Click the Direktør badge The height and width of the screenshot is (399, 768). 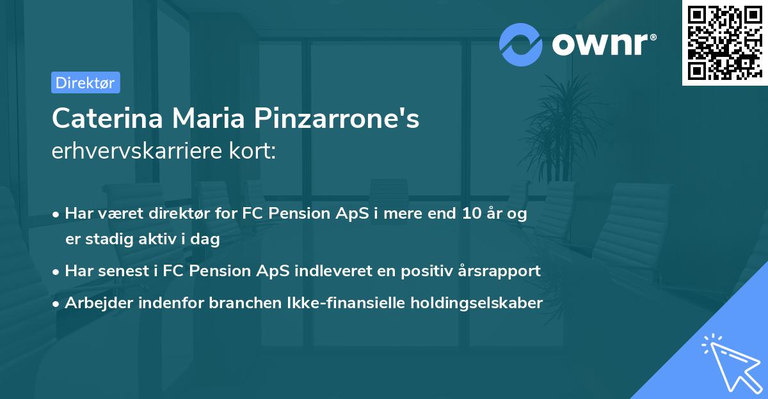pos(85,82)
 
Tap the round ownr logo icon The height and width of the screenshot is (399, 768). pos(521,44)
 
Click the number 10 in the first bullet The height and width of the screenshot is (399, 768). pos(470,214)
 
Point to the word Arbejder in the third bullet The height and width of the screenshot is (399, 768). pos(92,302)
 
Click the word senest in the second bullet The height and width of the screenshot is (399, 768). pos(122,270)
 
